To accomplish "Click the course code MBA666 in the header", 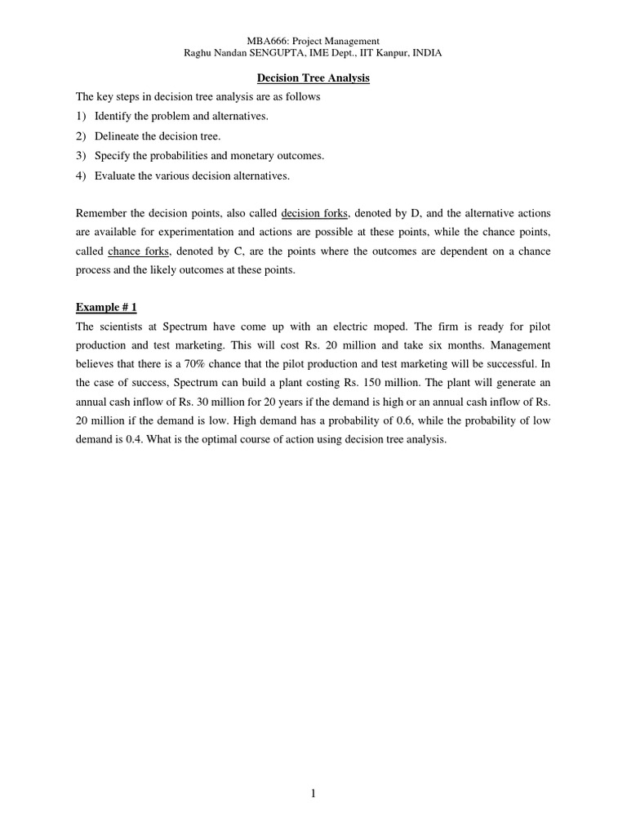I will point(263,41).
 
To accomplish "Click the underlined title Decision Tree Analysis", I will point(313,78).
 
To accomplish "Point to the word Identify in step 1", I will point(113,116).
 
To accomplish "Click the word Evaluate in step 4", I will point(113,176).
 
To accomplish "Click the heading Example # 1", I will point(106,307).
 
